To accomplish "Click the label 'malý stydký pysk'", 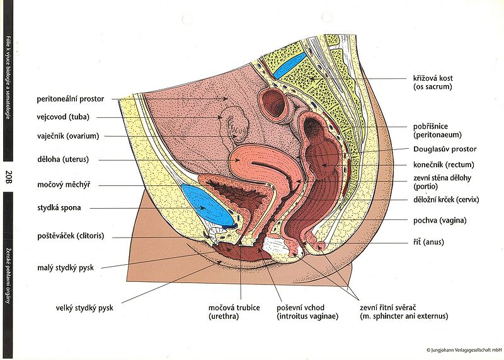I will point(64,269).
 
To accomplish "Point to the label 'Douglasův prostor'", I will point(445,149).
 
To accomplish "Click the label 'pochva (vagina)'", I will point(439,220).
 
